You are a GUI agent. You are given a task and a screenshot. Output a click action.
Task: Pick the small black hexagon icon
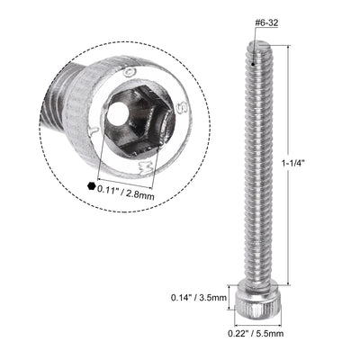click(91, 186)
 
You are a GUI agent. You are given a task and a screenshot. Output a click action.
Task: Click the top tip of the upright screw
click(256, 45)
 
